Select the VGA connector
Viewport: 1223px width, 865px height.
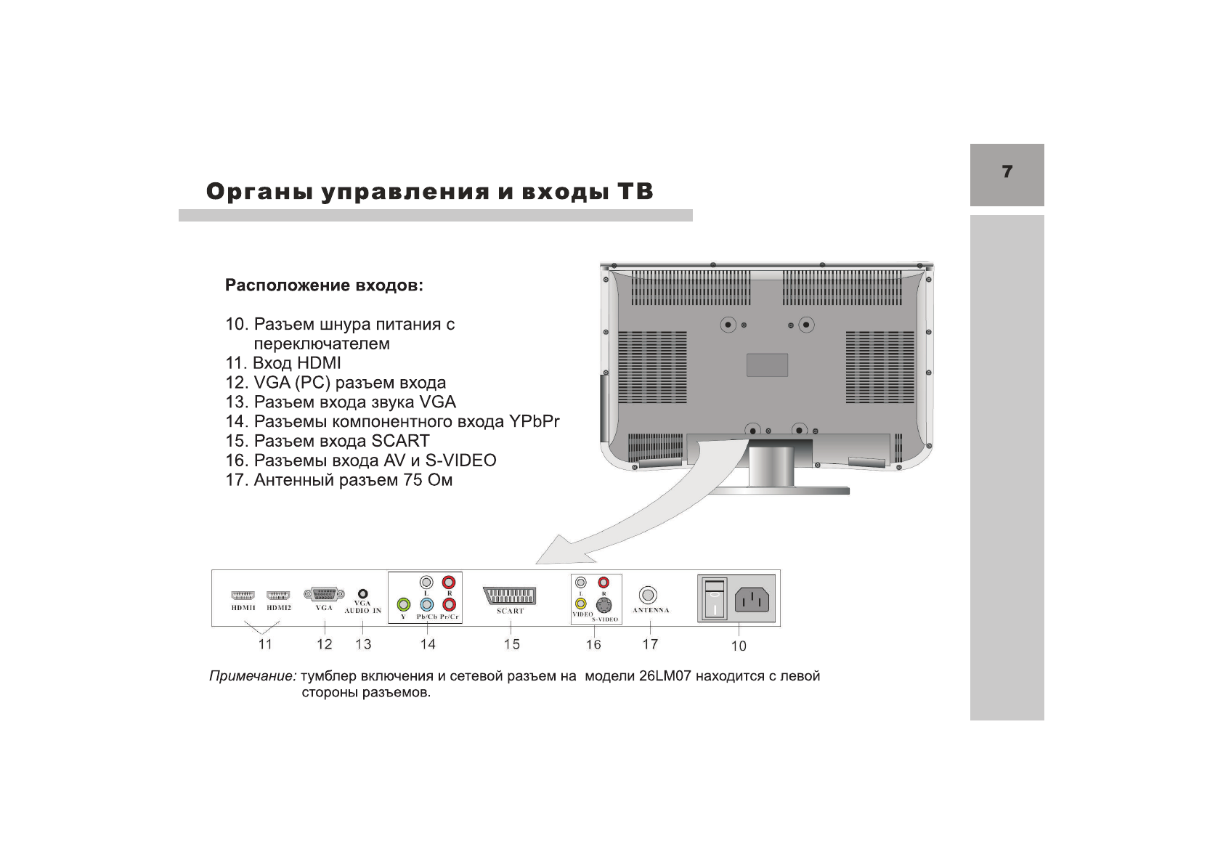click(x=324, y=594)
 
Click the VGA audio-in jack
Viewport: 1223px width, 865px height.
click(x=363, y=593)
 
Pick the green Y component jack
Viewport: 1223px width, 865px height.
click(x=404, y=604)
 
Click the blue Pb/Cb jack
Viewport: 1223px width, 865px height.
click(x=427, y=604)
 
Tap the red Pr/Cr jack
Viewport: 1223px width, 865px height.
click(x=450, y=604)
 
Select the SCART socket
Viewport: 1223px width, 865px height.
click(x=509, y=596)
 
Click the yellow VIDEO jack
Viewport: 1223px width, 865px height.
click(x=580, y=603)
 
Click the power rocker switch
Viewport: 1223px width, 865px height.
click(x=715, y=598)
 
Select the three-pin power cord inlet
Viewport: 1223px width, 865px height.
click(x=754, y=600)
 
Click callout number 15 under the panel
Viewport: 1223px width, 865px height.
click(x=511, y=644)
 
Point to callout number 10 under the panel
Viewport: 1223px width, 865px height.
click(x=738, y=646)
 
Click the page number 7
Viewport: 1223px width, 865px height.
click(x=1007, y=172)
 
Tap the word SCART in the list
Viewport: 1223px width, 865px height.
click(x=400, y=441)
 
